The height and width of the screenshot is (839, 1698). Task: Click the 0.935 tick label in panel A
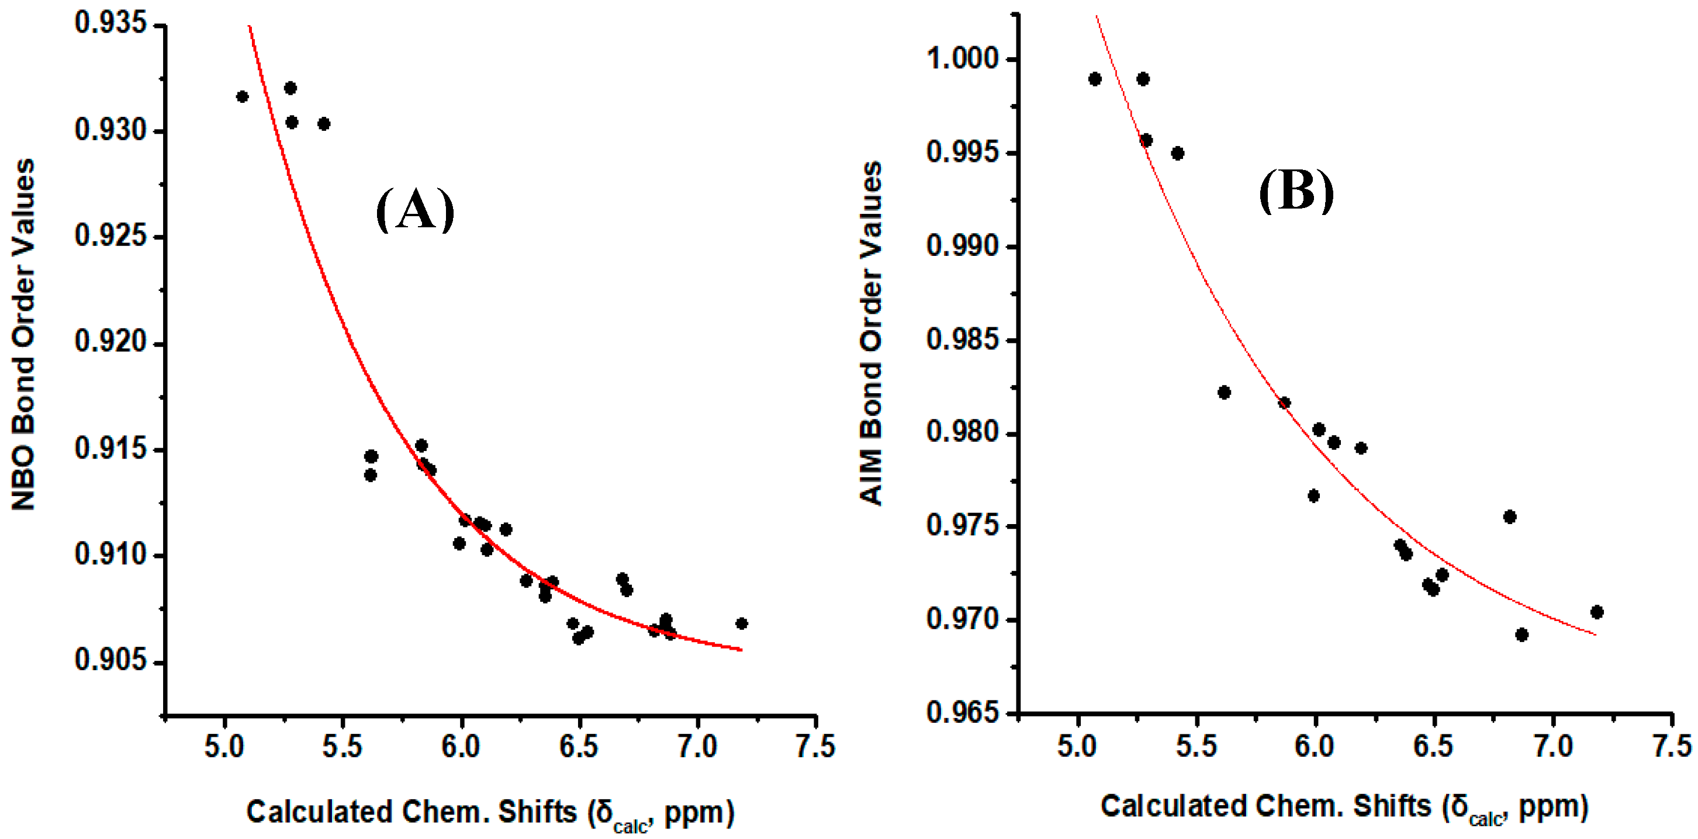tap(110, 24)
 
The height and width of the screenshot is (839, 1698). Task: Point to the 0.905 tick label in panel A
tap(110, 660)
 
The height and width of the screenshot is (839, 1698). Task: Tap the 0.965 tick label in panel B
tap(962, 712)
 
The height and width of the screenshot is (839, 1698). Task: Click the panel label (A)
tap(414, 210)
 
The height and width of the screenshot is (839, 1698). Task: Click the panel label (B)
tap(1296, 192)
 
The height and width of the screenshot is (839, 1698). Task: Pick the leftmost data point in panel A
tap(242, 97)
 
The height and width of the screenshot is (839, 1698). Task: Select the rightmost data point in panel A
tap(741, 623)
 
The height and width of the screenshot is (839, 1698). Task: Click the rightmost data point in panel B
tap(1596, 612)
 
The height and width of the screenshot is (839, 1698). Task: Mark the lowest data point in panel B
tap(1521, 635)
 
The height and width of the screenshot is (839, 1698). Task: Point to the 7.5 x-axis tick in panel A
tap(815, 747)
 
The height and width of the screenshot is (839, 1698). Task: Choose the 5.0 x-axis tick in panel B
tap(1077, 747)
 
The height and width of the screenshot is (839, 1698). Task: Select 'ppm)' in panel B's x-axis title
tap(1553, 807)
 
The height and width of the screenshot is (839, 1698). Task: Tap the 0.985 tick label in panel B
tap(962, 340)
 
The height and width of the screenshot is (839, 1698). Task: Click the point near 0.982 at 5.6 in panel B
tap(1224, 392)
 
